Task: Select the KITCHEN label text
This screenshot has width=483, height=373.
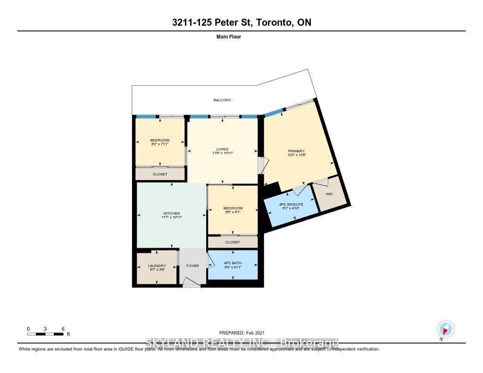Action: (x=171, y=214)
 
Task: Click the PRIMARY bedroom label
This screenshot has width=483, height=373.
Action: (x=297, y=151)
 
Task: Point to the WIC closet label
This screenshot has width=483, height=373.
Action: (x=329, y=193)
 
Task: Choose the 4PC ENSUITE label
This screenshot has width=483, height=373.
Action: (x=291, y=204)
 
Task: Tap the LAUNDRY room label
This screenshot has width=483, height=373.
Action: (x=157, y=266)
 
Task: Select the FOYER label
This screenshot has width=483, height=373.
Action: (x=192, y=266)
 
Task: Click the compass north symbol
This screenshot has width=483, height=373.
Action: (x=445, y=329)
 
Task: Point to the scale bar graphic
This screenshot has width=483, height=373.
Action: (x=45, y=334)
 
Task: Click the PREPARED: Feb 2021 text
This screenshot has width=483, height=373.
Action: (x=245, y=333)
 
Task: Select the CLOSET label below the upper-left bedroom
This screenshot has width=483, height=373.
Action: (x=160, y=174)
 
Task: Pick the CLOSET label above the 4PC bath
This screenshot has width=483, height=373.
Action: (x=233, y=242)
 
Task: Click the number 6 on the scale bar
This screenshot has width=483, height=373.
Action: (x=63, y=329)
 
